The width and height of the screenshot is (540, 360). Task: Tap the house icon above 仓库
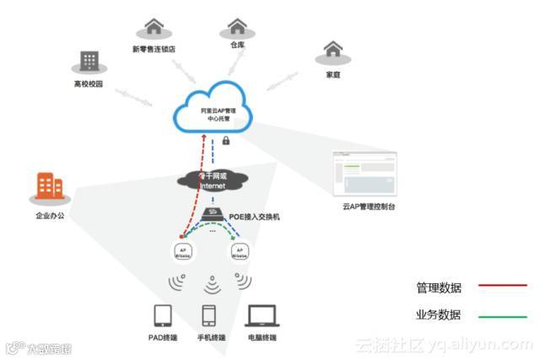[x=237, y=26]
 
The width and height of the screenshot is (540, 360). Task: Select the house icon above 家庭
[x=332, y=49]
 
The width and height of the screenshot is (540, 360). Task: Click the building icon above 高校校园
[x=88, y=61]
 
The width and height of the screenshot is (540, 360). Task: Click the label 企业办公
[x=50, y=217]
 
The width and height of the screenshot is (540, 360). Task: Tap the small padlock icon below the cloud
[x=226, y=140]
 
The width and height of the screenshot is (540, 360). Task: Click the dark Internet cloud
[x=215, y=179]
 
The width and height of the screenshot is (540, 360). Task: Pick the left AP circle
[x=183, y=251]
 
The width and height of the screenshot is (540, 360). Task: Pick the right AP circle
[x=239, y=251]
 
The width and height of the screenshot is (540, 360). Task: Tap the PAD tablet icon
[x=164, y=316]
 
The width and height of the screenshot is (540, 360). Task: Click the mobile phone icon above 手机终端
[x=210, y=316]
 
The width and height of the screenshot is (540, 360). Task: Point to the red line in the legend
[x=502, y=287]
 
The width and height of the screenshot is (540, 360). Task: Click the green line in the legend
[x=502, y=316]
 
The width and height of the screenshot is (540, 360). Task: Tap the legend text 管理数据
[x=439, y=287]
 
